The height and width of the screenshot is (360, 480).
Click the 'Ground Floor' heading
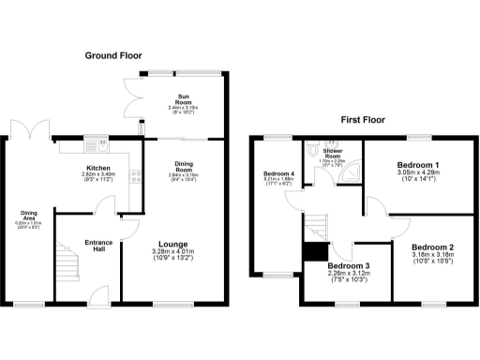click(x=112, y=56)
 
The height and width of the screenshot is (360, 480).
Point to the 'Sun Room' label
click(x=184, y=99)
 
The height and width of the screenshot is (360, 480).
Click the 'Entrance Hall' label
click(x=98, y=246)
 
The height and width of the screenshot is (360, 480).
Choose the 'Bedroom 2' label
click(x=432, y=244)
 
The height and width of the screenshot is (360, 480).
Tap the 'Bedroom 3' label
click(x=348, y=266)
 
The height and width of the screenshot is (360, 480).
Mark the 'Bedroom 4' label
click(x=277, y=174)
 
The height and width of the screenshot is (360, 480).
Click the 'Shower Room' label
click(x=332, y=153)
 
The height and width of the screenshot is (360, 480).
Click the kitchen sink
click(x=97, y=145)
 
